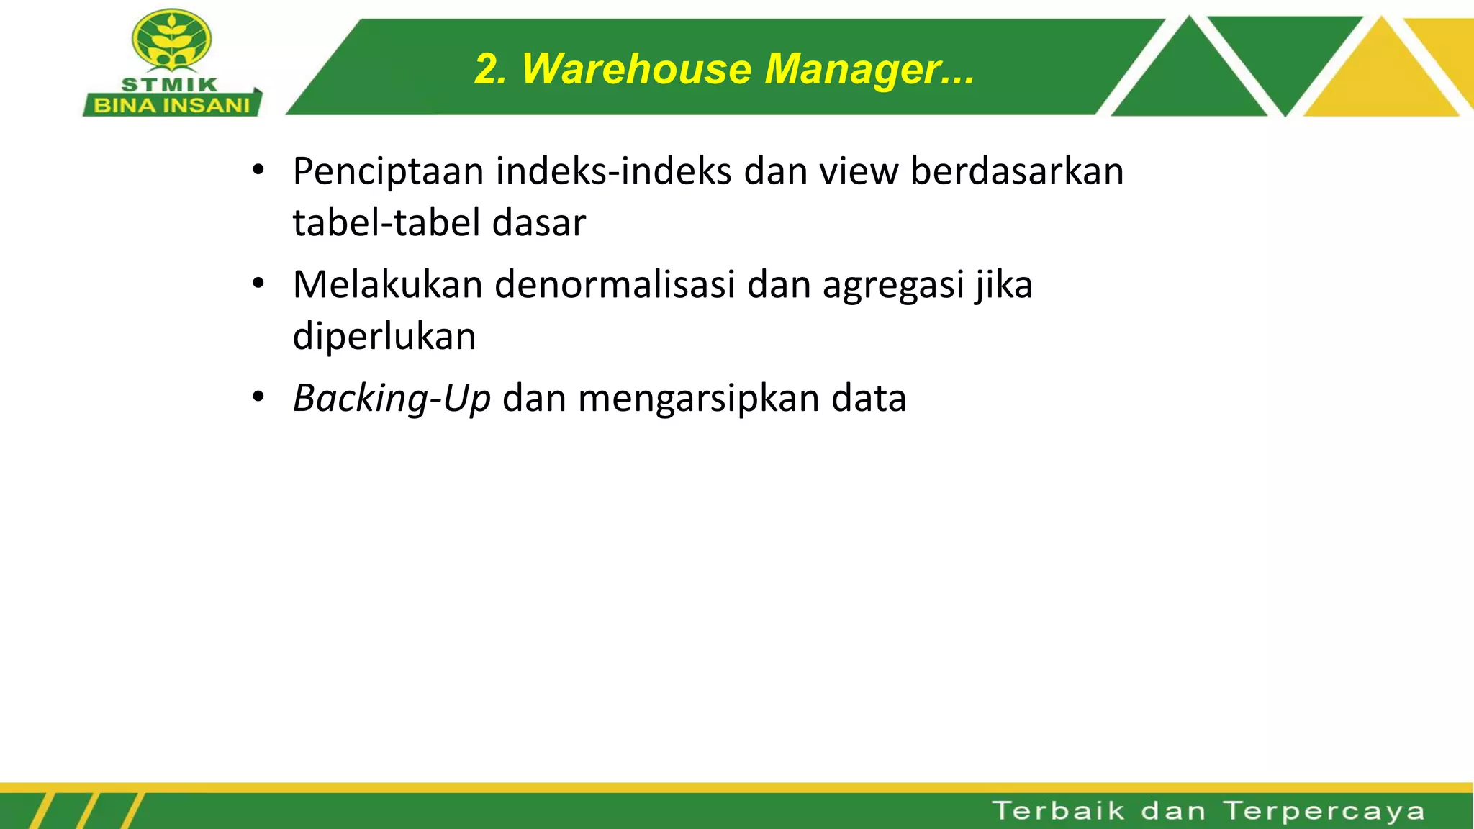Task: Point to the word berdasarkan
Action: click(1016, 172)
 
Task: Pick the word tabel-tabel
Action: click(386, 222)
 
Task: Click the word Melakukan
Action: click(387, 284)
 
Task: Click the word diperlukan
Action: click(384, 336)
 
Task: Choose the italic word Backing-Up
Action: click(392, 399)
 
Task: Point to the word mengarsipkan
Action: click(698, 399)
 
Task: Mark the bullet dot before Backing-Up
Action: click(258, 397)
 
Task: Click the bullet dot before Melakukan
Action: click(258, 284)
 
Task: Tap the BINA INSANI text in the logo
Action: click(172, 106)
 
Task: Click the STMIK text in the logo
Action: click(170, 84)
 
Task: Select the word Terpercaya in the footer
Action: click(1324, 811)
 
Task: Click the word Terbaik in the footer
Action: click(1058, 811)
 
